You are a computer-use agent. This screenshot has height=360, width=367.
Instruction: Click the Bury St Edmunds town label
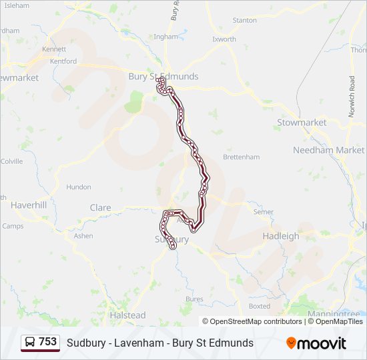pos(163,77)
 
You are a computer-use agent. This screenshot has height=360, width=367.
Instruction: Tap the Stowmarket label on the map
pos(302,123)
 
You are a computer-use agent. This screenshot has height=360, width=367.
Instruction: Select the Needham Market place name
pos(328,150)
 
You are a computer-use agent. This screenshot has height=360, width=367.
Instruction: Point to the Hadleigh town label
pos(281,236)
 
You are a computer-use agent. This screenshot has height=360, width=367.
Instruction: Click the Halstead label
pos(127,315)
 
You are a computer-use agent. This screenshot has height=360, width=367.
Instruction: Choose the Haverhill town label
pos(28,205)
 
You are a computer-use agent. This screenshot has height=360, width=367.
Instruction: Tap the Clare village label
pos(100,208)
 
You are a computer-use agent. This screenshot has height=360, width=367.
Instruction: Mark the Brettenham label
pos(241,157)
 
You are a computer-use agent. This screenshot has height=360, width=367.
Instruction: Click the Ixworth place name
pos(224,39)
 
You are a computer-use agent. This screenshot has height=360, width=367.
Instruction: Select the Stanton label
pos(244,21)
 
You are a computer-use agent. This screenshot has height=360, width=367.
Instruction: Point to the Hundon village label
pos(79,187)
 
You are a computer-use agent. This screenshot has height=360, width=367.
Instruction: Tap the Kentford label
pos(63,61)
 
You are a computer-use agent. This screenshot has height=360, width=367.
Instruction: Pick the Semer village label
pos(264,212)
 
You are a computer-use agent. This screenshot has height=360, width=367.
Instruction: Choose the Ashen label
pos(83,236)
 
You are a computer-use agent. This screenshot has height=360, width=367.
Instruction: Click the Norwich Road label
pos(352,97)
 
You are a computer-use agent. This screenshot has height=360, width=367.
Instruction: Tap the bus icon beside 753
pos(30,343)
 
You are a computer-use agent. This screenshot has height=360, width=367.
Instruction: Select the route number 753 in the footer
pos(47,342)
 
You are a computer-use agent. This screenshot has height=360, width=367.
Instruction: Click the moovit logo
pos(316,343)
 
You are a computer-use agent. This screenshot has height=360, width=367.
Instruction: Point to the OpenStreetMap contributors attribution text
pos(252,321)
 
